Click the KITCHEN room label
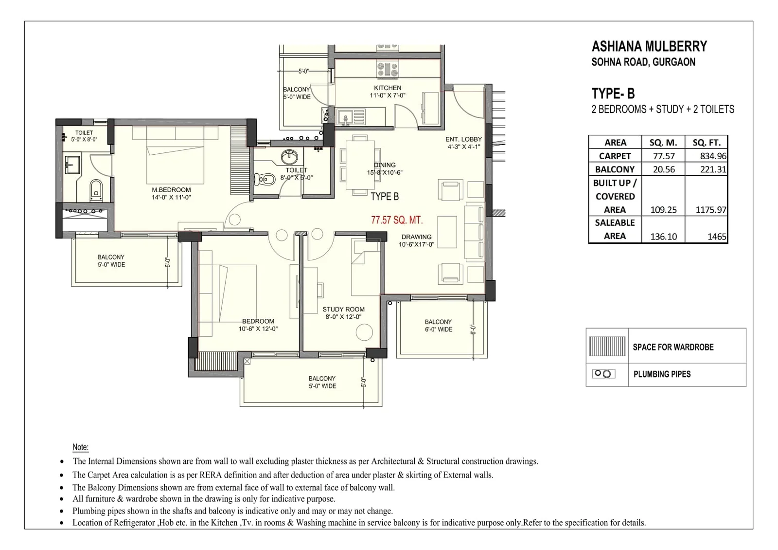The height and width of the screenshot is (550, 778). pos(388,88)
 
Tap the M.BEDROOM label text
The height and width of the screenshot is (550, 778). pos(171,190)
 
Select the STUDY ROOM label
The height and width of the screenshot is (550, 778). pos(343,309)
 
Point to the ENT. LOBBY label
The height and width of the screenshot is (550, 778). pos(463,139)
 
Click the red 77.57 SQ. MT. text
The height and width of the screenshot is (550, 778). pos(397,220)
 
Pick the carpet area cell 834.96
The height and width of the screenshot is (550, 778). pos(713,156)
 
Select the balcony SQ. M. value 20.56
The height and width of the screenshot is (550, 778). pos(663,169)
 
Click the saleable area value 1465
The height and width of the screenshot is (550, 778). pos(717,237)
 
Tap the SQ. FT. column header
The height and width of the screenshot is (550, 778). pos(706,143)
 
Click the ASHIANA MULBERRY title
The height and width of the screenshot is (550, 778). pos(649,47)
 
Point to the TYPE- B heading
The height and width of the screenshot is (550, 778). pos(613,93)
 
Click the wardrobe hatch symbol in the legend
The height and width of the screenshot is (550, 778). pos(607,346)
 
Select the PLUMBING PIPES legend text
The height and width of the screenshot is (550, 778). pos(662,374)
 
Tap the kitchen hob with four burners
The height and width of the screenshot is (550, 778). pos(388,69)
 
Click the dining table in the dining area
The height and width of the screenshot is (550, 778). pos(360,165)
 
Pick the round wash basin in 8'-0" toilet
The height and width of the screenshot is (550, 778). pos(290,157)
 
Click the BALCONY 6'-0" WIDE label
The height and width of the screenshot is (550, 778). pos(438,326)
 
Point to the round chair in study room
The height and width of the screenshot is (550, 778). pos(364,333)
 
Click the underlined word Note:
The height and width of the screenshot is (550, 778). pos(81,447)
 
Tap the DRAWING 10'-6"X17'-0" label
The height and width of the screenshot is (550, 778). pos(417,240)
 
